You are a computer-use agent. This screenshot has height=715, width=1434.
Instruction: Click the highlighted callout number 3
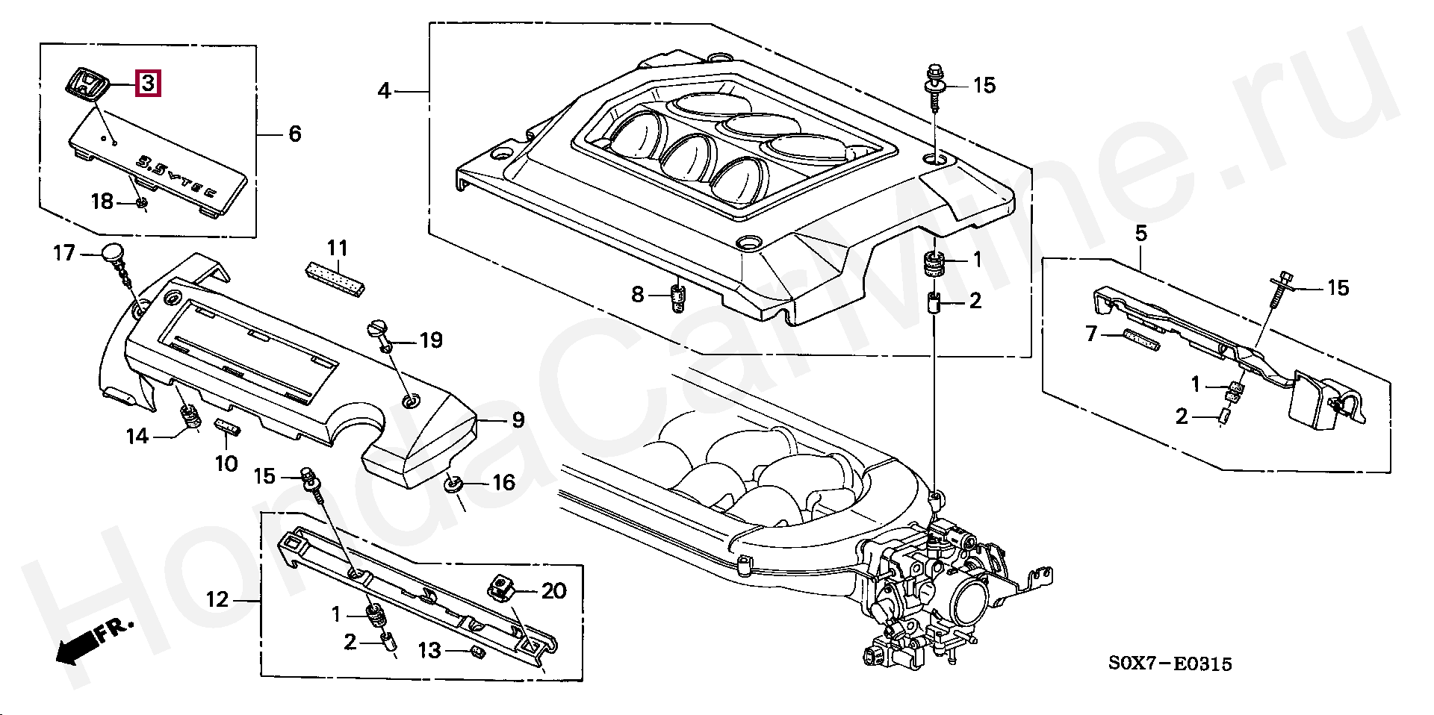(148, 83)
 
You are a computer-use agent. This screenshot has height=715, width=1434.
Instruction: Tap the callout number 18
(102, 201)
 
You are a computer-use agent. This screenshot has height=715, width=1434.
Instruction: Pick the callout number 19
(430, 340)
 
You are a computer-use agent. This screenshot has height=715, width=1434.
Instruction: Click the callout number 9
(518, 420)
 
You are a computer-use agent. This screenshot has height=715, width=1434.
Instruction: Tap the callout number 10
(226, 463)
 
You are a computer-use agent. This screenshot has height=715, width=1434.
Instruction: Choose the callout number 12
(217, 599)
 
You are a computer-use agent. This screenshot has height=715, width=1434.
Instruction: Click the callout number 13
(429, 651)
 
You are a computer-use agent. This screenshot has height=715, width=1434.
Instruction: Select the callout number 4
(384, 91)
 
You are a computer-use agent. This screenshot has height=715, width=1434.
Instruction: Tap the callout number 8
(637, 295)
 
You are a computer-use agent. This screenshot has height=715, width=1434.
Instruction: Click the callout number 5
(1141, 234)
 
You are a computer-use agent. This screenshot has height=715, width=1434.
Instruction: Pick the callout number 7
(1092, 334)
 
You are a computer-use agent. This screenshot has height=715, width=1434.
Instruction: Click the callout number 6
(295, 134)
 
